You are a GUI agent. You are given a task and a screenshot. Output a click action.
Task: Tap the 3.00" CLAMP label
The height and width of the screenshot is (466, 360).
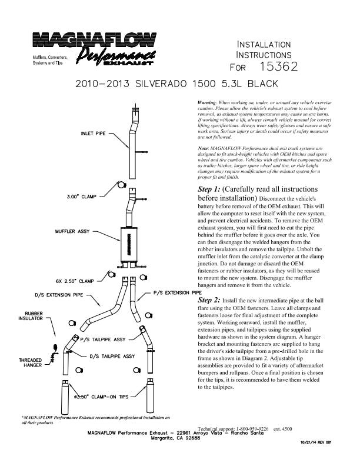[x=82, y=197]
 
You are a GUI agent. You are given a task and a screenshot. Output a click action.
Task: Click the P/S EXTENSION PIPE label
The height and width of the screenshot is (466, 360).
[x=178, y=292]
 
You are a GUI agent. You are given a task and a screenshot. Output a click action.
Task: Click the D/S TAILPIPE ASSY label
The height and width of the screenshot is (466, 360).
[x=112, y=356]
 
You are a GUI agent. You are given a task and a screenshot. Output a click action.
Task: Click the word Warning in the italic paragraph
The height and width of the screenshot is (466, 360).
[x=207, y=102]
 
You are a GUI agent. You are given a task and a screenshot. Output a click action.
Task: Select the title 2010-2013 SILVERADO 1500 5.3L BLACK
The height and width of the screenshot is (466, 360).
[x=176, y=84]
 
